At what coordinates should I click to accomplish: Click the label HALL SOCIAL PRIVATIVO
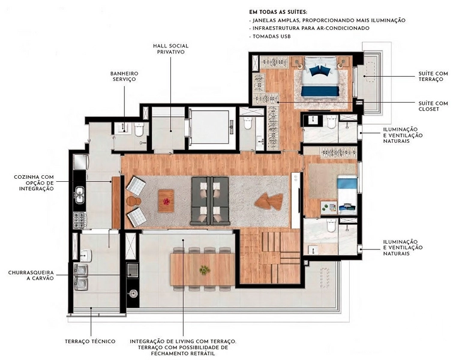tap(170, 49)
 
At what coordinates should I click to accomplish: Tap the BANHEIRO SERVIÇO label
tap(124, 76)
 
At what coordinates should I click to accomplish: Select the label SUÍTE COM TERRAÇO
tap(433, 76)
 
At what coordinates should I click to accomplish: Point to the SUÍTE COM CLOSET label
tap(433, 106)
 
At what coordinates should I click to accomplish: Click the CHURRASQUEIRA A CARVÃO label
tap(31, 275)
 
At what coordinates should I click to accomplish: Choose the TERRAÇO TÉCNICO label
tap(90, 341)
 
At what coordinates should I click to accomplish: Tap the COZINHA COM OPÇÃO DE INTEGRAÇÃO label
tap(34, 183)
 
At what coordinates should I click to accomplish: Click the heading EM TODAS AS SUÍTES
tap(278, 12)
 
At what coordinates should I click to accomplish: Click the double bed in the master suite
tap(320, 76)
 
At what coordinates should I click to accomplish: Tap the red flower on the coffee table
tap(166, 202)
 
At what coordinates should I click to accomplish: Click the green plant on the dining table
tap(205, 270)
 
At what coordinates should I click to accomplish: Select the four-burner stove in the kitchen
tap(80, 220)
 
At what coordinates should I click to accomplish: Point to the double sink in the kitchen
tap(80, 195)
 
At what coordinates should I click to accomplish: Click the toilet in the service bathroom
tap(139, 129)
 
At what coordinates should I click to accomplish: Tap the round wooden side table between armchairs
tap(134, 202)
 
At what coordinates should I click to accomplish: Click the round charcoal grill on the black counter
tap(133, 293)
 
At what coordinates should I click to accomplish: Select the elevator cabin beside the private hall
tap(210, 128)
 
